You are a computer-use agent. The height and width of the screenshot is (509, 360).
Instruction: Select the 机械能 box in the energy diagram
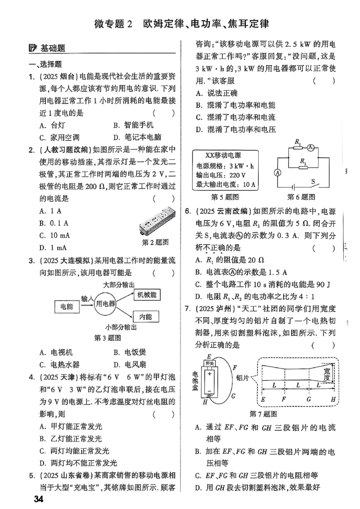pyautogui.click(x=146, y=295)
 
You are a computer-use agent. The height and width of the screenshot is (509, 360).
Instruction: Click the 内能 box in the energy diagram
pyautogui.click(x=146, y=317)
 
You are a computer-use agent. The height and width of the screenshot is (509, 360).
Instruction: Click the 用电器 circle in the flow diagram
pyautogui.click(x=105, y=304)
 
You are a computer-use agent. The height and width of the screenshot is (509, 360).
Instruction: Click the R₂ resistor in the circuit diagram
pyautogui.click(x=303, y=164)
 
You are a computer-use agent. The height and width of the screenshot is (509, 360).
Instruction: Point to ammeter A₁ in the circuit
pyautogui.click(x=310, y=147)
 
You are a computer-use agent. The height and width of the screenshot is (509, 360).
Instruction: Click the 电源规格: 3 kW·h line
pyautogui.click(x=222, y=166)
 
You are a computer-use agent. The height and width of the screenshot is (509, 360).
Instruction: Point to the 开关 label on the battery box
pyautogui.click(x=210, y=363)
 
